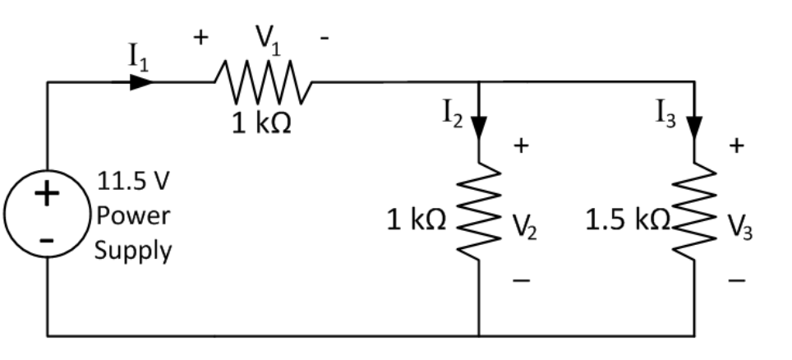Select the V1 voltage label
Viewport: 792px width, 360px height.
coord(265,39)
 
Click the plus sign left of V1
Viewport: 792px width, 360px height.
coord(201,38)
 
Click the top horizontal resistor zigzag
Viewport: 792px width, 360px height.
coord(261,82)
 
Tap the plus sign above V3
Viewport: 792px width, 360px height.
coord(737,146)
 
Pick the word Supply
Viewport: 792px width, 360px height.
coord(133,251)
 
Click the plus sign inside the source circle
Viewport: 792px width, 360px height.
coord(47,194)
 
